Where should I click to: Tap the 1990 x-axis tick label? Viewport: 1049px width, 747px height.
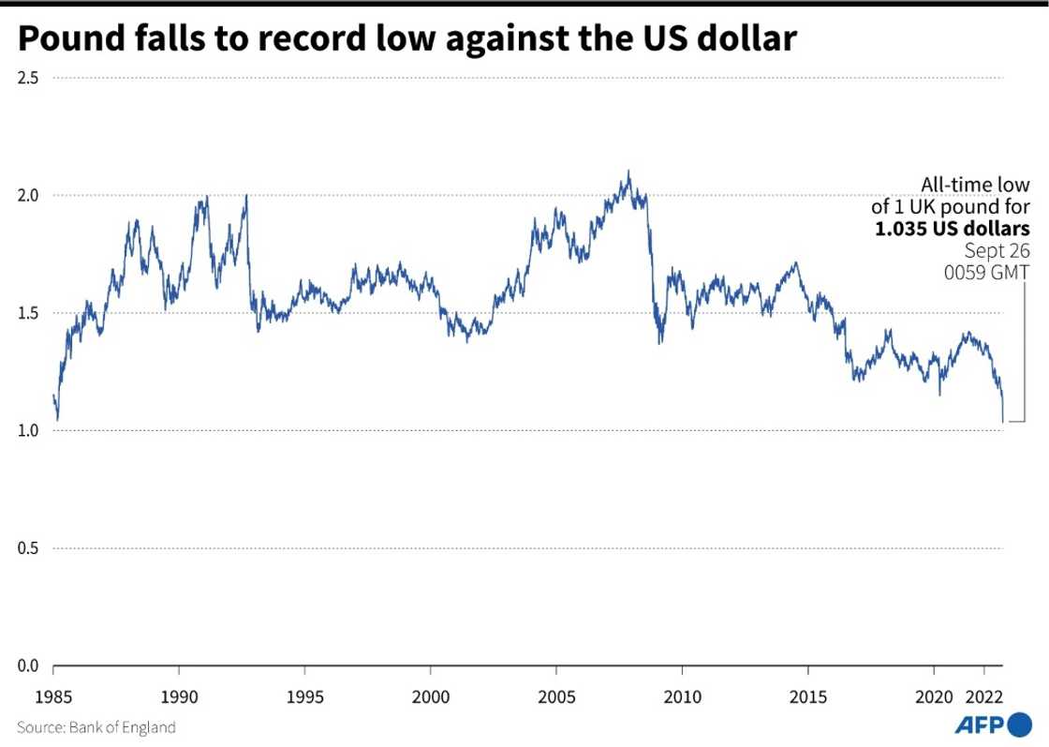pos(178,698)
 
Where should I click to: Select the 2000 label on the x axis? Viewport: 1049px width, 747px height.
pos(430,698)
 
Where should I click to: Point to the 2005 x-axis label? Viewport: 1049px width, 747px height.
pos(556,698)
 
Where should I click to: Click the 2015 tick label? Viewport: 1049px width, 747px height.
pos(807,698)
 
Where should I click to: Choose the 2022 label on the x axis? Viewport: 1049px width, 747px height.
pos(985,698)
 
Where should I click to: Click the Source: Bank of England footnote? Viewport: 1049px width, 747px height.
pos(96,726)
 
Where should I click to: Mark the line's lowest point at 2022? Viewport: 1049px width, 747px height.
pos(1003,422)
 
